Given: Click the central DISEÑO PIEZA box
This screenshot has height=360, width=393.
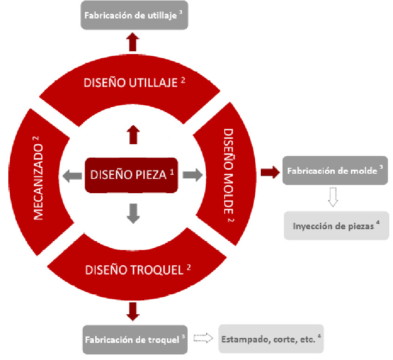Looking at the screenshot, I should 131,175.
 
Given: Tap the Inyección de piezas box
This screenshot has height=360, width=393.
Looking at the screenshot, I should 336,226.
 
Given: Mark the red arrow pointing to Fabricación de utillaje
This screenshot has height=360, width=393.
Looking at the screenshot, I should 133,42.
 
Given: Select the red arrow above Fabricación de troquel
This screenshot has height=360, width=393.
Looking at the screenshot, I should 133,311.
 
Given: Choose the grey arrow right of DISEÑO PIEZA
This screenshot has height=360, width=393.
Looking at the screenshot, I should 192,175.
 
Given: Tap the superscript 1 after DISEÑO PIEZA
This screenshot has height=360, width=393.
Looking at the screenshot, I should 172,172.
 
